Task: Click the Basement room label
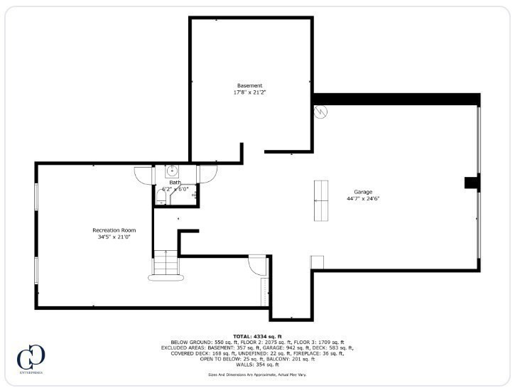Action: click(249, 86)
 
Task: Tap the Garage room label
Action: click(363, 193)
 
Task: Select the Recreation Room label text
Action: click(114, 230)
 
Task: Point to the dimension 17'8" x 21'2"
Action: click(249, 93)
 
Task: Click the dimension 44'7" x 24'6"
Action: click(363, 200)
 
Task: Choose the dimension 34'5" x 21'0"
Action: click(114, 237)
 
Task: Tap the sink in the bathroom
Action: click(171, 171)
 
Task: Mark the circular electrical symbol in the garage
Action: click(320, 112)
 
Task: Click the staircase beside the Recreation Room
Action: click(166, 266)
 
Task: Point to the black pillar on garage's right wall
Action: click(472, 183)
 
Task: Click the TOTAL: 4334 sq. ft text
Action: click(258, 336)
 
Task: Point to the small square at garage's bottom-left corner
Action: click(317, 262)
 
